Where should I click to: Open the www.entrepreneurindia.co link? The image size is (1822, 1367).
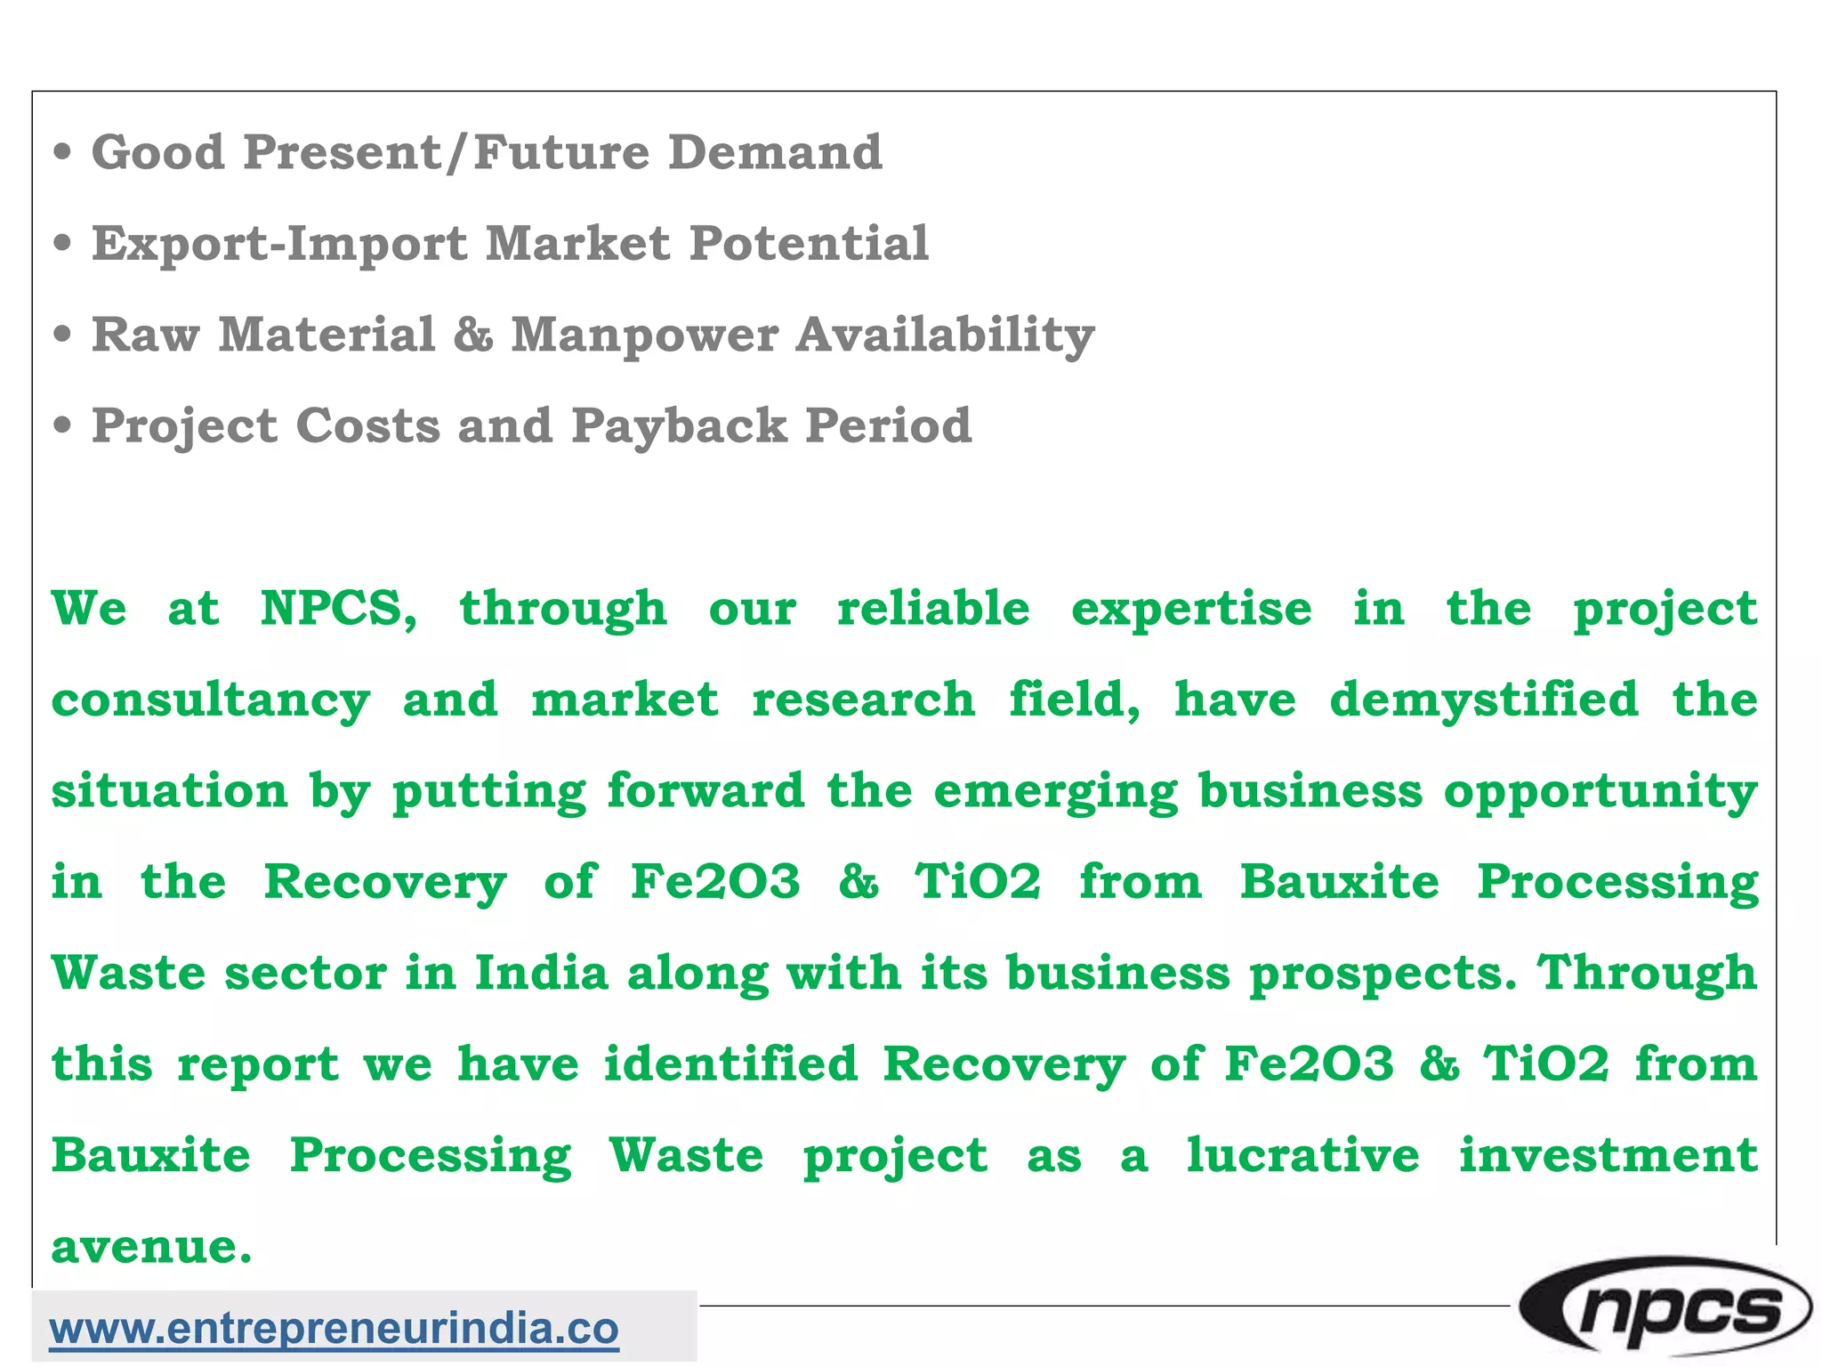coord(334,1329)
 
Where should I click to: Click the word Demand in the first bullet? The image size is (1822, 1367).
coord(775,152)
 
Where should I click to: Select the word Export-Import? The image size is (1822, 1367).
coord(279,244)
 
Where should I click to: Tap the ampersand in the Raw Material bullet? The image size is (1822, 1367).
coord(472,335)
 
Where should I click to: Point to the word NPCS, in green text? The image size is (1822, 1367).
coord(338,609)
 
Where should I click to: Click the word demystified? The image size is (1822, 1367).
coord(1483,700)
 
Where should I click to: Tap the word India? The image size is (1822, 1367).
coord(541,972)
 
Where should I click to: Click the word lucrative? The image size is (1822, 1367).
coord(1302,1155)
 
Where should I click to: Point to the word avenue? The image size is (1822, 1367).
coord(151,1247)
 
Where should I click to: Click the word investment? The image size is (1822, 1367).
coord(1608,1155)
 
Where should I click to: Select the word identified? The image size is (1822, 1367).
coord(730,1064)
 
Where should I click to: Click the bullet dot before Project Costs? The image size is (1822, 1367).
coord(61,425)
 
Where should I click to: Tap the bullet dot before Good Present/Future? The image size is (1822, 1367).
coord(61,152)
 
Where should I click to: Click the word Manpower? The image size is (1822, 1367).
coord(644,335)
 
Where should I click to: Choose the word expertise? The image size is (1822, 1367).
coord(1191,609)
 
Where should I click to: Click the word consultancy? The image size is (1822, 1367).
coord(211,701)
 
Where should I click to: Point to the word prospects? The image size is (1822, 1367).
coord(1383,974)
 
